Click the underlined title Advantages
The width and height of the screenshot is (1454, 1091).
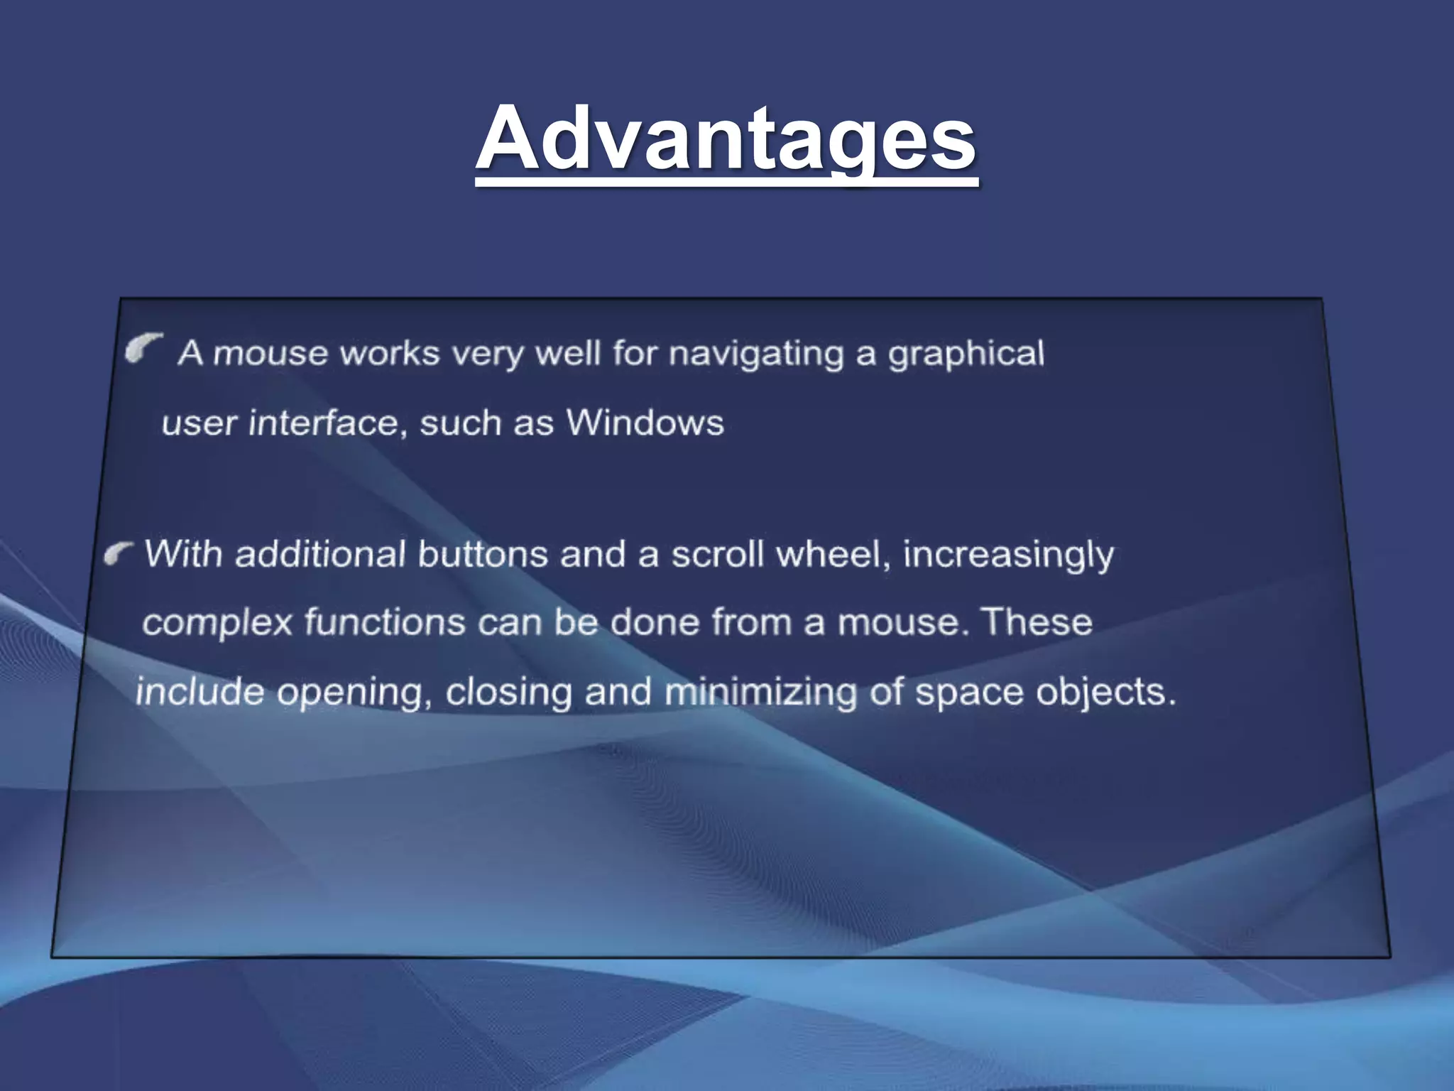[x=726, y=139]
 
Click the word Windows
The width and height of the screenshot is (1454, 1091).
[x=645, y=423]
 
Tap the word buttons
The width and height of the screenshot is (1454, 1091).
[x=483, y=554]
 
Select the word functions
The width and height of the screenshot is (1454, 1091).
[x=385, y=622]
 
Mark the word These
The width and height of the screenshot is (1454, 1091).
[x=1037, y=622]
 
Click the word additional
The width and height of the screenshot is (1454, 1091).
[x=320, y=554]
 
